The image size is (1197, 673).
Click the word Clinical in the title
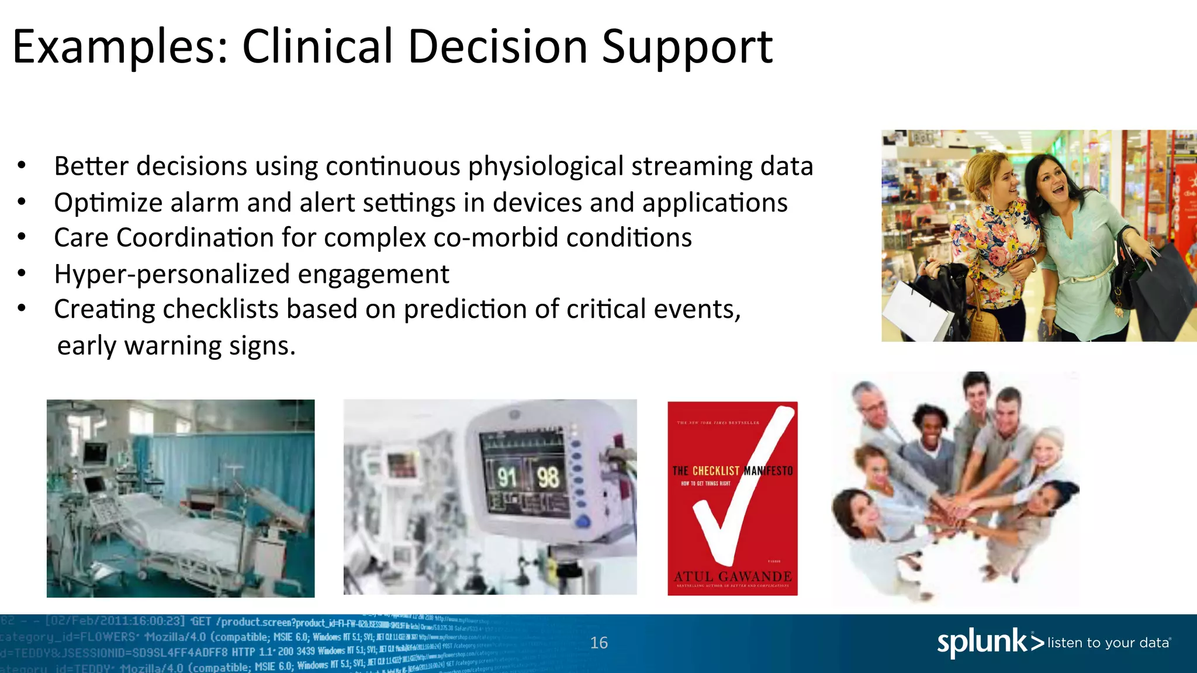click(317, 47)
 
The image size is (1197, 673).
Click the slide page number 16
click(598, 643)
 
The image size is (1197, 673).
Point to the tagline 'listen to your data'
click(1108, 643)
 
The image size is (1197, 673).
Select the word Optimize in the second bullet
click(108, 203)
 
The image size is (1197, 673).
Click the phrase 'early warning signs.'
click(176, 345)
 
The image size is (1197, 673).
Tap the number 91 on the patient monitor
click(507, 478)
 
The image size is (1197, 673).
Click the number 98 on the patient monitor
click(548, 477)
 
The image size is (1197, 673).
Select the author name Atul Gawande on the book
click(732, 576)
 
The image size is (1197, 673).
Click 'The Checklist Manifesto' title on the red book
click(732, 470)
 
